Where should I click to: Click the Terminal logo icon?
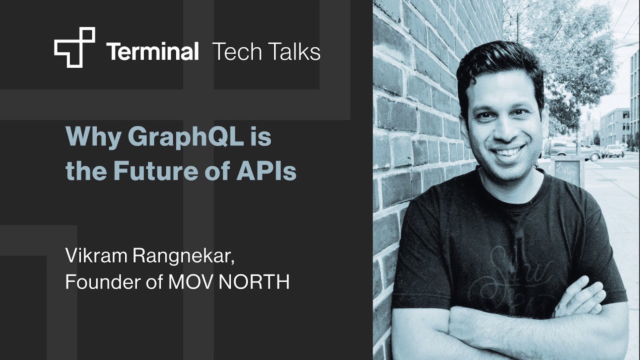74,47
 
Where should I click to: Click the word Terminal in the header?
152,51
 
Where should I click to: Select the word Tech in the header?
234,51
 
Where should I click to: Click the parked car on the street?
613,150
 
